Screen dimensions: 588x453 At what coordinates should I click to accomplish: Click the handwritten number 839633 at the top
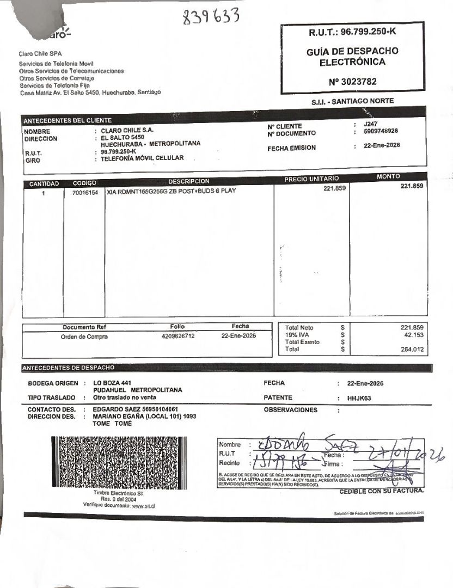pyautogui.click(x=211, y=17)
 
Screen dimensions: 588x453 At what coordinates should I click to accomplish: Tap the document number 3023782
pyautogui.click(x=352, y=82)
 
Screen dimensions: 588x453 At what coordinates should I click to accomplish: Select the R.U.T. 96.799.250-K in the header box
pyautogui.click(x=352, y=32)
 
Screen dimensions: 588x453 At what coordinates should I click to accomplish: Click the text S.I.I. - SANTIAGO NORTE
pyautogui.click(x=352, y=101)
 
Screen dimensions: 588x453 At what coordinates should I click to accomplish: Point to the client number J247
pyautogui.click(x=370, y=124)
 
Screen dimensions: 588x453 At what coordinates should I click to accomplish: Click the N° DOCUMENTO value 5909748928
pyautogui.click(x=381, y=131)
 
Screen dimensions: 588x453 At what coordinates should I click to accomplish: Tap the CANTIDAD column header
pyautogui.click(x=44, y=184)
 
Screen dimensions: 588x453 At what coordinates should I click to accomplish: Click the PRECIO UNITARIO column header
pyautogui.click(x=311, y=179)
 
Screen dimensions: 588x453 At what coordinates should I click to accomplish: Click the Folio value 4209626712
pyautogui.click(x=178, y=336)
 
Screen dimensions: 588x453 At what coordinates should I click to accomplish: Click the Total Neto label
pyautogui.click(x=299, y=328)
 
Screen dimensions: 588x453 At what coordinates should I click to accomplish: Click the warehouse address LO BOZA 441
pyautogui.click(x=112, y=383)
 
